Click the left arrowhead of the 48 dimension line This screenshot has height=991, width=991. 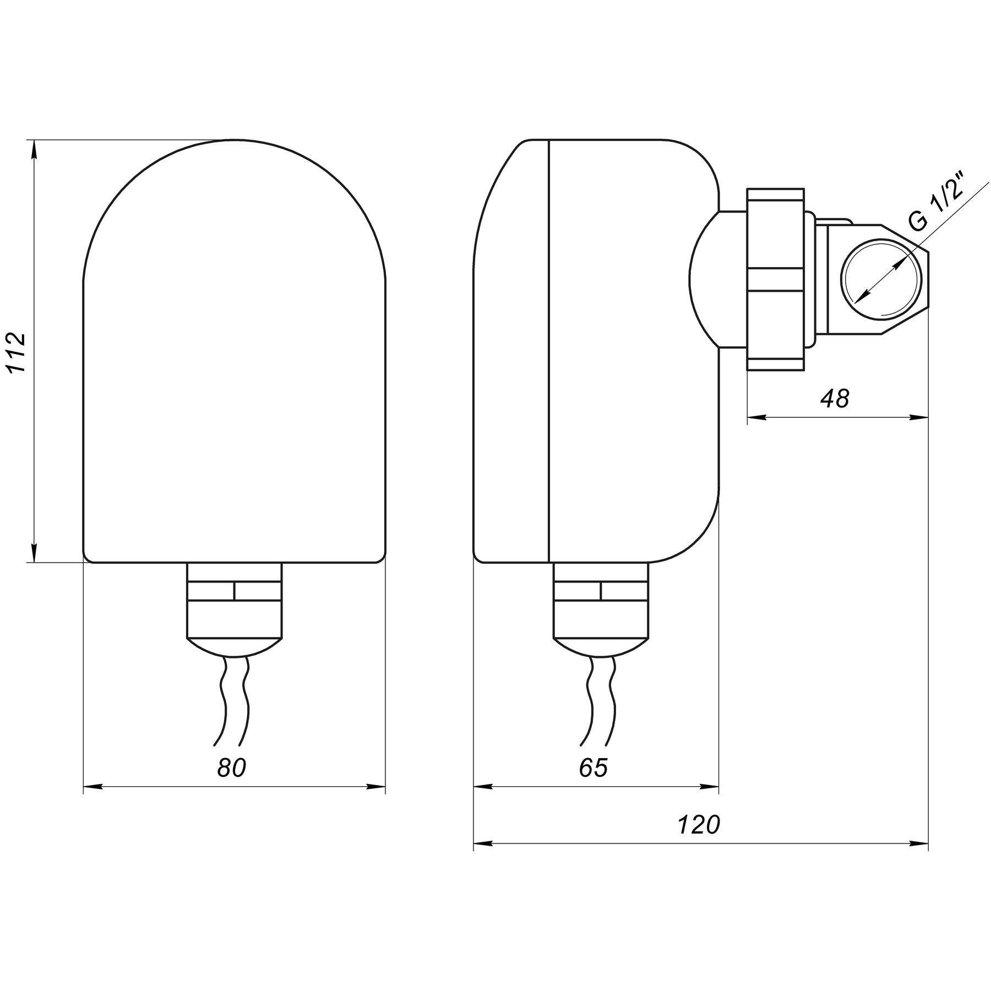coord(757,417)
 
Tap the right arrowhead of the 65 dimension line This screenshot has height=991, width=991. coord(709,786)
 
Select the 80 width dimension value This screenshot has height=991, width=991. coord(232,767)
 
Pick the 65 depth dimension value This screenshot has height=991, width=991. coord(593,767)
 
